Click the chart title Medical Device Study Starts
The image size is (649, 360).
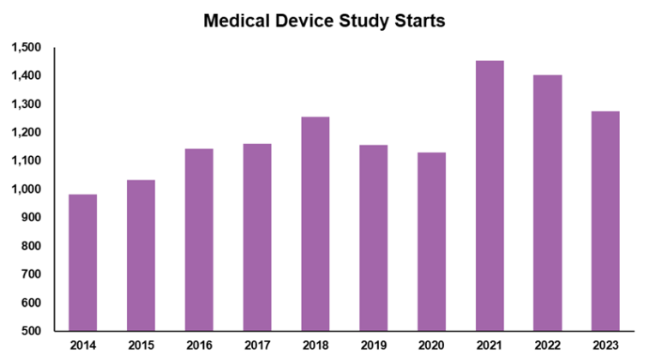tap(324, 21)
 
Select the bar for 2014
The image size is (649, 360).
tap(82, 262)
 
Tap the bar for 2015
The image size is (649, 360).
tap(141, 255)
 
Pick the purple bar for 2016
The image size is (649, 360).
tap(199, 240)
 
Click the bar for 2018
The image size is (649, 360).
tap(315, 224)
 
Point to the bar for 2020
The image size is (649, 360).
tap(431, 242)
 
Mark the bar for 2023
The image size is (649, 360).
tap(605, 221)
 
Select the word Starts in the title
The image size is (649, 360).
tap(417, 21)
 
